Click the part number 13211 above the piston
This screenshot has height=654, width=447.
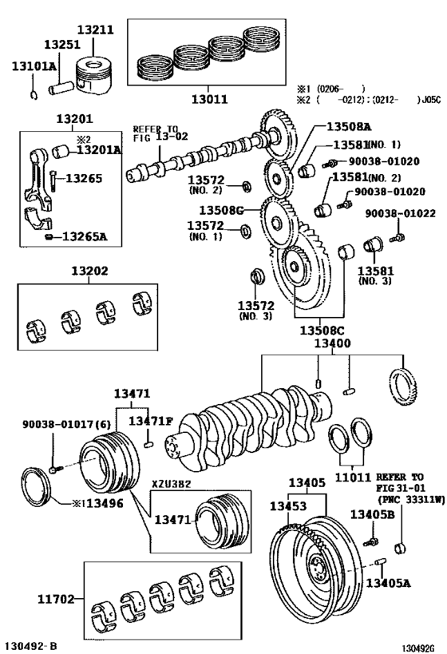click(96, 30)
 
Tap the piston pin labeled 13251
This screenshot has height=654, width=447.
click(61, 89)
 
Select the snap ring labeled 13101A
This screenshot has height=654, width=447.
click(34, 95)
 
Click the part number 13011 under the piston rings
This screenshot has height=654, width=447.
click(210, 99)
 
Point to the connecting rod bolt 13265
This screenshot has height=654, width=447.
click(53, 181)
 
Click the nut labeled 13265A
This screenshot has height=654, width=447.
click(49, 237)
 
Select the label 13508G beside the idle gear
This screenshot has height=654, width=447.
click(221, 210)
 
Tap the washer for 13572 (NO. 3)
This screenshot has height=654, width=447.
click(257, 277)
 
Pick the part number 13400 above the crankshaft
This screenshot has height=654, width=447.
click(332, 343)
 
